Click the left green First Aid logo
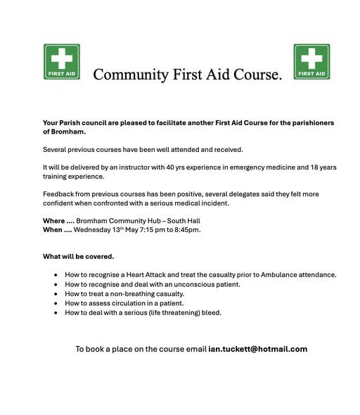[62, 62]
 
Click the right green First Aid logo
[311, 62]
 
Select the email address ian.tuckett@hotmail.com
[258, 349]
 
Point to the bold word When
[53, 229]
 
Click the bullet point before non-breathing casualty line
[56, 294]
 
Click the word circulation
[142, 303]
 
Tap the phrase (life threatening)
[171, 312]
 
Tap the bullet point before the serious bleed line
[56, 313]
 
